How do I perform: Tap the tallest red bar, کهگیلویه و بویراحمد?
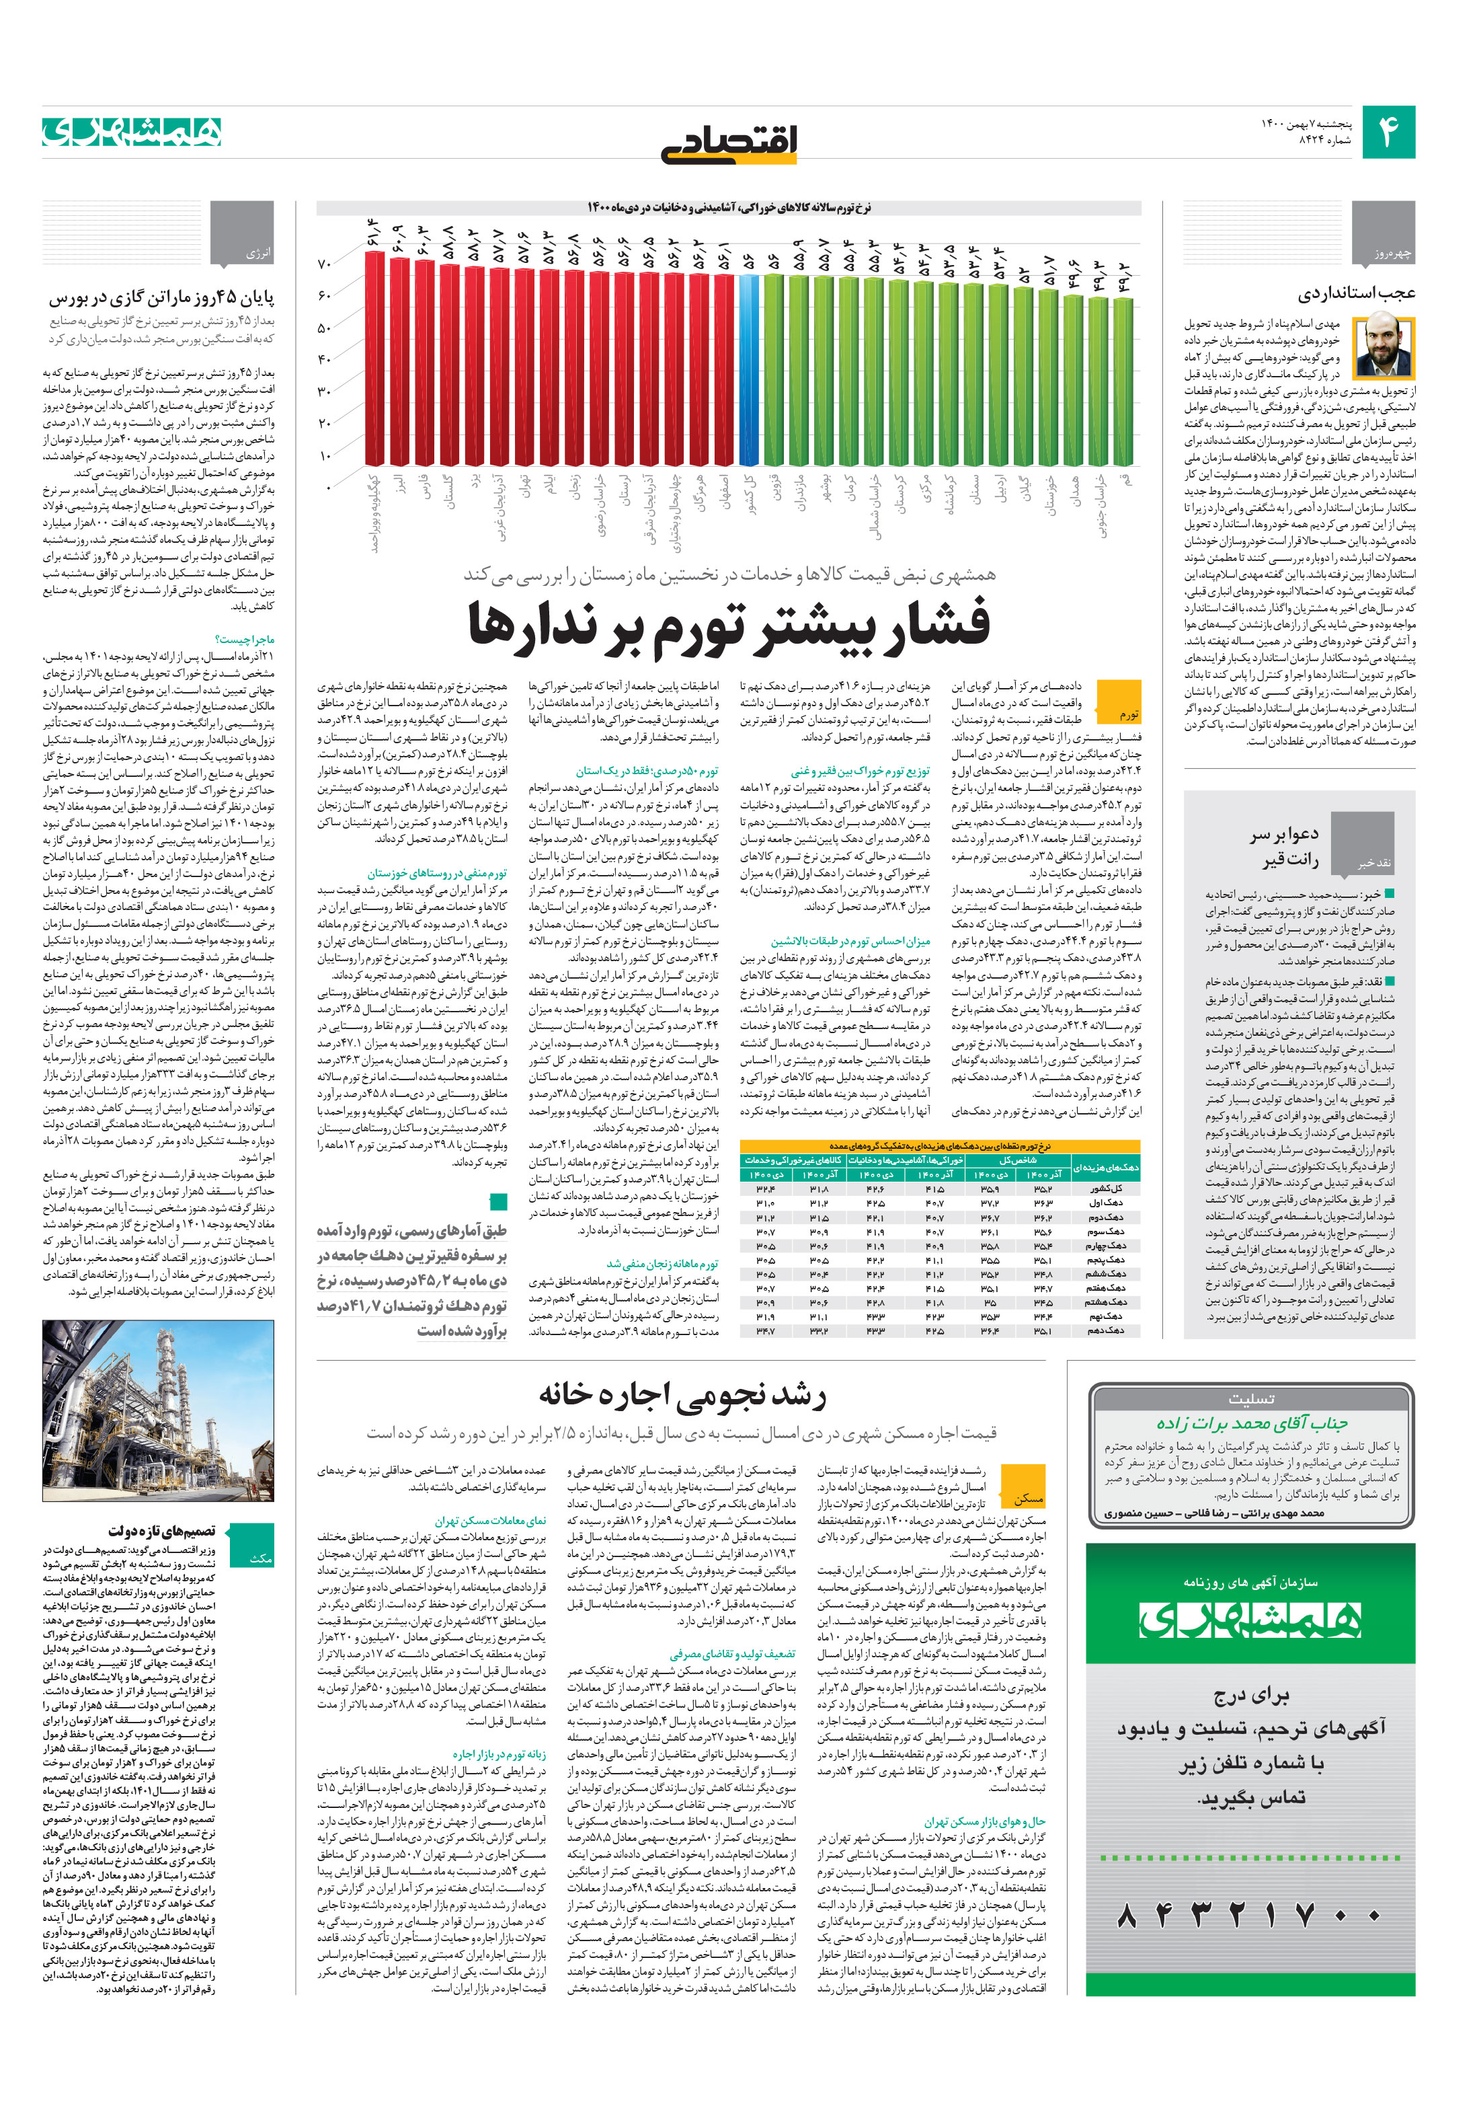[374, 357]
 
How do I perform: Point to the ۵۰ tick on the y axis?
[324, 328]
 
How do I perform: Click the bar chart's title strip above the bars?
[728, 208]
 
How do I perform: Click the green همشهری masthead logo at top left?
[132, 132]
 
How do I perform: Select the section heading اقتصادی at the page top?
[729, 143]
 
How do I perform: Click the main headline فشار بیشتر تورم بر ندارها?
[729, 625]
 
